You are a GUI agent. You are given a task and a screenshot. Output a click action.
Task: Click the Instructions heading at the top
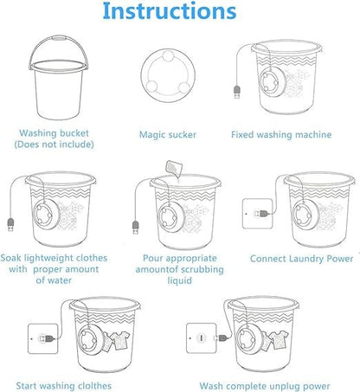click(x=180, y=12)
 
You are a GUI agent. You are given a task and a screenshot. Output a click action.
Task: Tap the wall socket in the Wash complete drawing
click(x=202, y=337)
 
